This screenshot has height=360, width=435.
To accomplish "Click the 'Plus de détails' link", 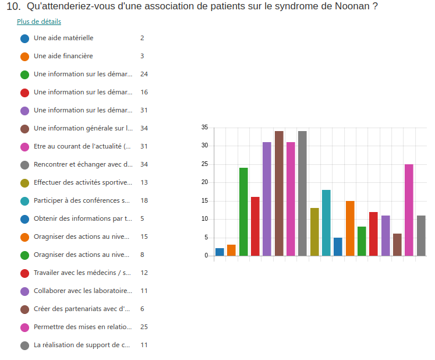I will [x=39, y=22].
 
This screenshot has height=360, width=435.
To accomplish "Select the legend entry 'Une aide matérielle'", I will [x=63, y=38].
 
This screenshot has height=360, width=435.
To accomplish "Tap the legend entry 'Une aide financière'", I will [x=63, y=56].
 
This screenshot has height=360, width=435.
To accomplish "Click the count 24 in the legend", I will [x=144, y=74].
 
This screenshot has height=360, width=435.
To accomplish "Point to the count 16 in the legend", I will [x=144, y=92].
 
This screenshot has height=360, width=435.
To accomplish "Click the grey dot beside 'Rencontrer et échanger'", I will [x=24, y=165].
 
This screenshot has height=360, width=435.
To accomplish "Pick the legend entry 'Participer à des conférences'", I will [x=82, y=200].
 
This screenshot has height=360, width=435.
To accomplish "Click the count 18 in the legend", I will [x=144, y=200].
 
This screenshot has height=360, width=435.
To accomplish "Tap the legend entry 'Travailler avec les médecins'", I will [x=82, y=273].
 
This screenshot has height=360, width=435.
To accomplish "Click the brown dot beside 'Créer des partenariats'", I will [x=24, y=309].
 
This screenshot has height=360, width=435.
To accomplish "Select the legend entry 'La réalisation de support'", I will [x=82, y=345].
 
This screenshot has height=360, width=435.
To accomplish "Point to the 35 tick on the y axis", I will [x=204, y=127].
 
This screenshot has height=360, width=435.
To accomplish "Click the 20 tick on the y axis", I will [x=204, y=182].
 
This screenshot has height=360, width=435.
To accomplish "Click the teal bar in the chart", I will [x=326, y=223].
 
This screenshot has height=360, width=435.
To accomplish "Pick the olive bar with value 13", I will [x=314, y=232].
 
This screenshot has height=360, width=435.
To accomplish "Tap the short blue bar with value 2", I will [x=220, y=252].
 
